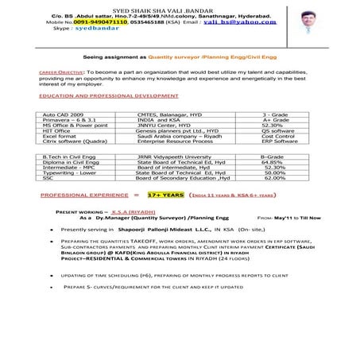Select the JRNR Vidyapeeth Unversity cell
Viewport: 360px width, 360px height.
coord(175,157)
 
